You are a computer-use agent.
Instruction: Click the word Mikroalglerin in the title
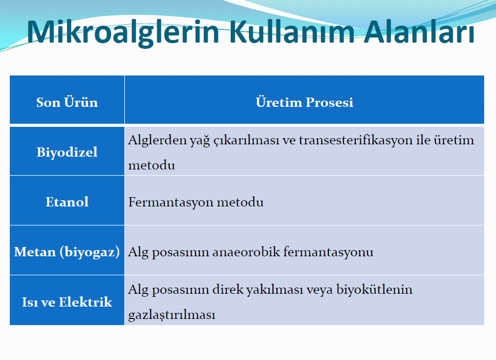(x=123, y=32)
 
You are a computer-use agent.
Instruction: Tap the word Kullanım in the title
(x=292, y=32)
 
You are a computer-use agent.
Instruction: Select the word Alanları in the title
(x=419, y=32)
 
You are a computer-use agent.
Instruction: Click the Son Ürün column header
(x=67, y=102)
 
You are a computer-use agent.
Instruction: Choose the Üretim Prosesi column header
(x=304, y=102)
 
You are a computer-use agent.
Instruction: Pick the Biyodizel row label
(x=67, y=153)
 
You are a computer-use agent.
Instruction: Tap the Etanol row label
(x=67, y=202)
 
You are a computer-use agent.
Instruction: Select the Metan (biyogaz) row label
(x=67, y=252)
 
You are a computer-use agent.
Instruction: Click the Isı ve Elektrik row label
(x=67, y=302)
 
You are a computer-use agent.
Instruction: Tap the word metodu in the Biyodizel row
(x=152, y=165)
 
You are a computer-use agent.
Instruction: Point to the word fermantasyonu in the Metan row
(x=328, y=252)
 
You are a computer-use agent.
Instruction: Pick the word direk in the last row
(x=228, y=290)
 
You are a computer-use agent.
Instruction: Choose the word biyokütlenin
(x=374, y=290)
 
